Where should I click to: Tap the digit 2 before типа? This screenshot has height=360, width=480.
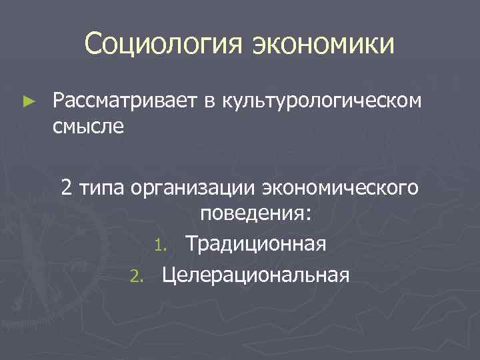67,188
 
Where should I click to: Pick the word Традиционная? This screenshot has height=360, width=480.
256,243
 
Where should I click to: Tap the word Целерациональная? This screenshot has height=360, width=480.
255,273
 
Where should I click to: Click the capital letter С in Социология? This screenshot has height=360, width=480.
93,45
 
